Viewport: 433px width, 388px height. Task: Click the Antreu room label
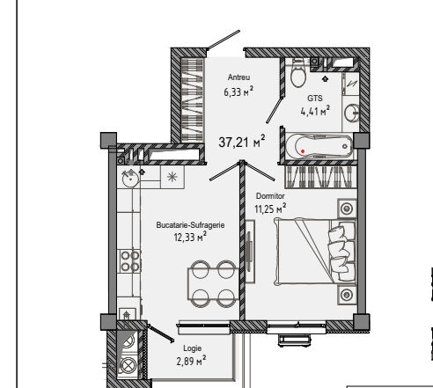[239, 77]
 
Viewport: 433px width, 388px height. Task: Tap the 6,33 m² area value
[239, 92]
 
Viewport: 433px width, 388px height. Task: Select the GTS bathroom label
[315, 98]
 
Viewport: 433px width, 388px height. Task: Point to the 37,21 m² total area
[242, 142]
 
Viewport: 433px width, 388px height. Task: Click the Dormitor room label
[270, 196]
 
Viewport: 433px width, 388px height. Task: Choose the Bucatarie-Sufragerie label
[190, 225]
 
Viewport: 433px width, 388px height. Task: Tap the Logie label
[192, 348]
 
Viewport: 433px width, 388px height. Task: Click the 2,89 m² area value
[191, 361]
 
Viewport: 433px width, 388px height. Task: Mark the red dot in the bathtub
[303, 151]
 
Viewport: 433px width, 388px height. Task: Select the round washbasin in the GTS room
[351, 113]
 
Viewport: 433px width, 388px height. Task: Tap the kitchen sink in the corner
[130, 179]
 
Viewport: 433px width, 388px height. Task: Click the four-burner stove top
[129, 261]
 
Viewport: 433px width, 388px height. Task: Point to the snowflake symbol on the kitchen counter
[172, 177]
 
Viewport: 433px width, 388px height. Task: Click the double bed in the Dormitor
[315, 252]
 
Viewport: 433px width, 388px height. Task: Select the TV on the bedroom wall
[250, 252]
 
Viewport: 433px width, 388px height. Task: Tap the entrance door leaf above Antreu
[224, 40]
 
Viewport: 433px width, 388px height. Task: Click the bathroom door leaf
[275, 110]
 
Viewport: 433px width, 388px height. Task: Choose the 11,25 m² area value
[270, 209]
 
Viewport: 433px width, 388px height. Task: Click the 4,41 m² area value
[315, 111]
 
